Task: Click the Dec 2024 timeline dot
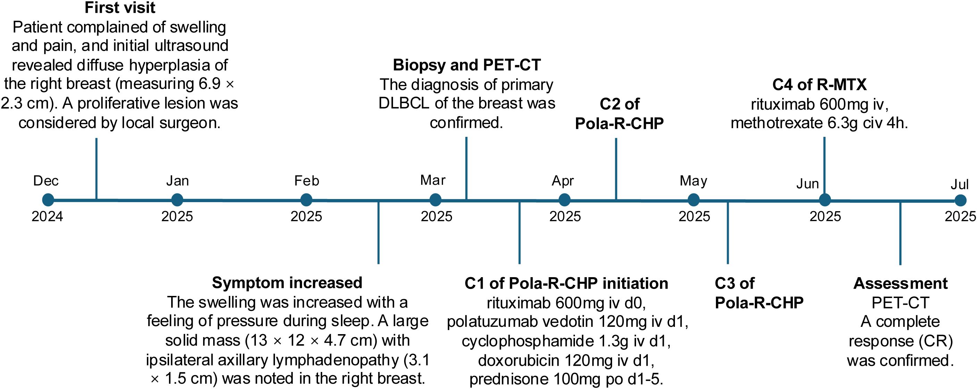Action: coord(48,200)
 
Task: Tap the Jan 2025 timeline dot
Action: coord(177,200)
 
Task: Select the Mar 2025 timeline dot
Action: coord(435,200)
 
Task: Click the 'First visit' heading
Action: coord(120,8)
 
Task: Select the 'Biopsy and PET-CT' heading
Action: coord(467,65)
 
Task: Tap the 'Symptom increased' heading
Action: coord(287,283)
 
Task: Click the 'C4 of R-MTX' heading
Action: coord(819,85)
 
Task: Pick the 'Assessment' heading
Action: coord(900,283)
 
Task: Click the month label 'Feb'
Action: coord(307,181)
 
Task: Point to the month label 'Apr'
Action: coord(563,181)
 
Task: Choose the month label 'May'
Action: coord(693,181)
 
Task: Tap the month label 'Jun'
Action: coord(808,184)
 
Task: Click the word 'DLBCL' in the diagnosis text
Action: coord(404,103)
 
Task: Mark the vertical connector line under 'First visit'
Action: coord(96,169)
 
